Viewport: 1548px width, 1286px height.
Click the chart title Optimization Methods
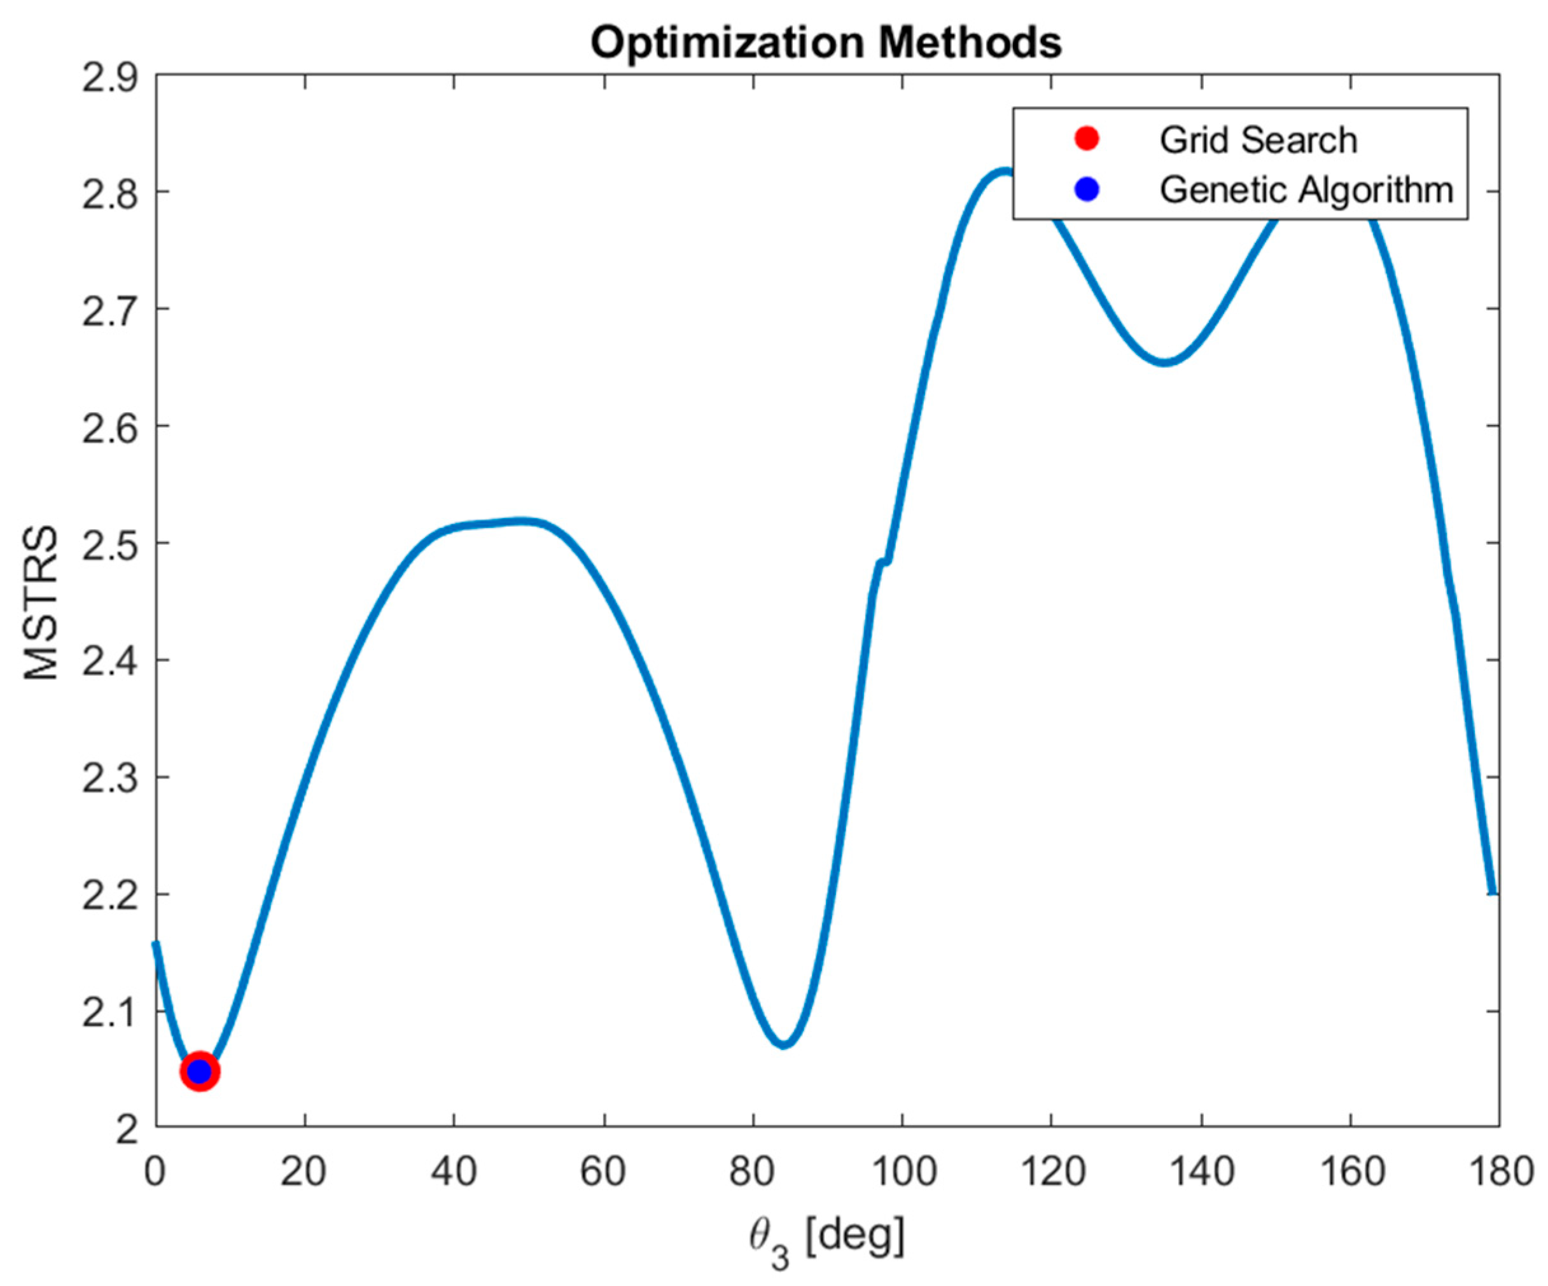(x=826, y=43)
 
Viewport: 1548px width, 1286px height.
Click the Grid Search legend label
(x=1258, y=140)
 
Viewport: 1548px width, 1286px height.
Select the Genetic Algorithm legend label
(x=1306, y=190)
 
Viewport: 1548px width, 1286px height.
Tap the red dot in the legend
(x=1087, y=139)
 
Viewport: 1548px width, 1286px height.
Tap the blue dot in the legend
(x=1087, y=190)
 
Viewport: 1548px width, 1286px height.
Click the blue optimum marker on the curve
(x=200, y=1072)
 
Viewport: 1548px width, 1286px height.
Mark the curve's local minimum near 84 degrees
(x=784, y=1044)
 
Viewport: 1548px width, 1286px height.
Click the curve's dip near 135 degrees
(x=1164, y=362)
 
